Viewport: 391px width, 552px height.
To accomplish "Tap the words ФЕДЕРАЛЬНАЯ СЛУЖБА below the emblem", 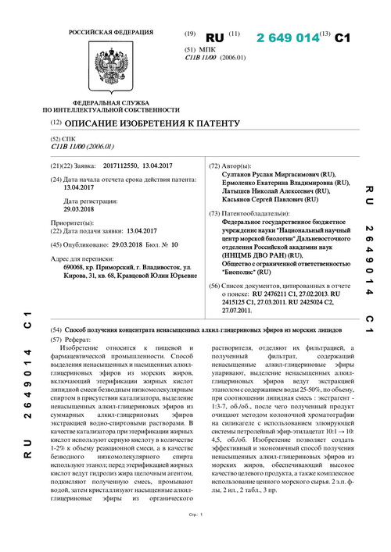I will coord(100,104).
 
